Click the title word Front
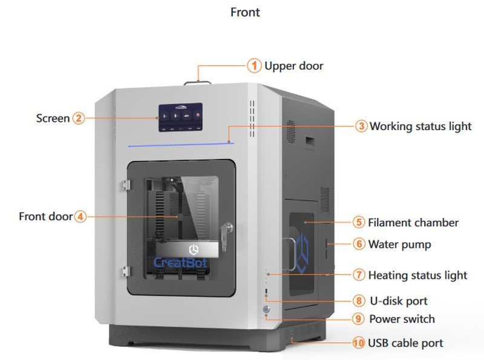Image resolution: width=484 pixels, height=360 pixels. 245,11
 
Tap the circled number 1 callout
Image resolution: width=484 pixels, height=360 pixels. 254,65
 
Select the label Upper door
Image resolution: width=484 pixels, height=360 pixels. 293,65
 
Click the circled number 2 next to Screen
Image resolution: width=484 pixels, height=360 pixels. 79,118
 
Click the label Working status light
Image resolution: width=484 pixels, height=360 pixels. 420,126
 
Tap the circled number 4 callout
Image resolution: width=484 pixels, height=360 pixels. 80,216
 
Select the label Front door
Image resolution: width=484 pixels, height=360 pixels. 45,216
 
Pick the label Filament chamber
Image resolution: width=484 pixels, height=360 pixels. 413,223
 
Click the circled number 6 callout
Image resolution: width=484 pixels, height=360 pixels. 359,244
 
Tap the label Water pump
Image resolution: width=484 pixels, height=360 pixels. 399,244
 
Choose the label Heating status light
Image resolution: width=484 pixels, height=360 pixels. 417,275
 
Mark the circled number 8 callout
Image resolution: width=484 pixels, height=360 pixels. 359,301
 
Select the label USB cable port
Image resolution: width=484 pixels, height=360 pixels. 405,343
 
